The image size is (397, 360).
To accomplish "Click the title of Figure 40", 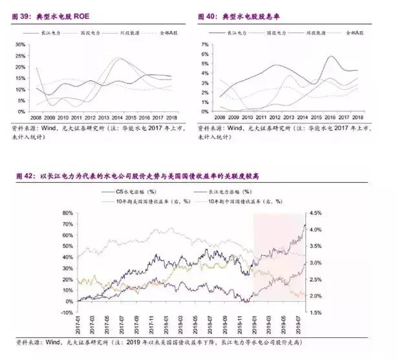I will coord(242,14).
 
